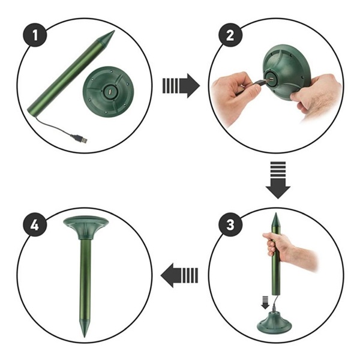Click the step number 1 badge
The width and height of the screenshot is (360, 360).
click(x=35, y=35)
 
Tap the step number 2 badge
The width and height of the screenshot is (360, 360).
click(x=230, y=35)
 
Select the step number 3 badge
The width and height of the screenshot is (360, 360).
click(x=230, y=225)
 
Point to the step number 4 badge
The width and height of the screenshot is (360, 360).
click(x=35, y=225)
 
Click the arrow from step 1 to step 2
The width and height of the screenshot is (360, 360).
click(x=181, y=86)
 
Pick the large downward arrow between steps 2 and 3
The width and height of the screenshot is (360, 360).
click(x=278, y=180)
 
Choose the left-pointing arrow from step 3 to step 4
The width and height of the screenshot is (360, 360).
click(x=179, y=275)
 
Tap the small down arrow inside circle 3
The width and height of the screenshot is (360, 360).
click(x=265, y=302)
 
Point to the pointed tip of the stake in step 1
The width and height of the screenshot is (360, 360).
click(x=114, y=31)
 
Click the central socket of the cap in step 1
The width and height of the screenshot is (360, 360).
click(x=110, y=92)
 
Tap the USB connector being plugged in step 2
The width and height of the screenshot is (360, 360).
click(x=262, y=82)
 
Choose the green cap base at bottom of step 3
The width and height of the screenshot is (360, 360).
click(x=274, y=323)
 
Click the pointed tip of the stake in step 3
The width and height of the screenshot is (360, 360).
click(x=276, y=213)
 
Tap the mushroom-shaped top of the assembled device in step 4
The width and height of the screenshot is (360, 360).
click(x=86, y=227)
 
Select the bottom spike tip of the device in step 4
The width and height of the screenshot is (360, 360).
click(x=85, y=337)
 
